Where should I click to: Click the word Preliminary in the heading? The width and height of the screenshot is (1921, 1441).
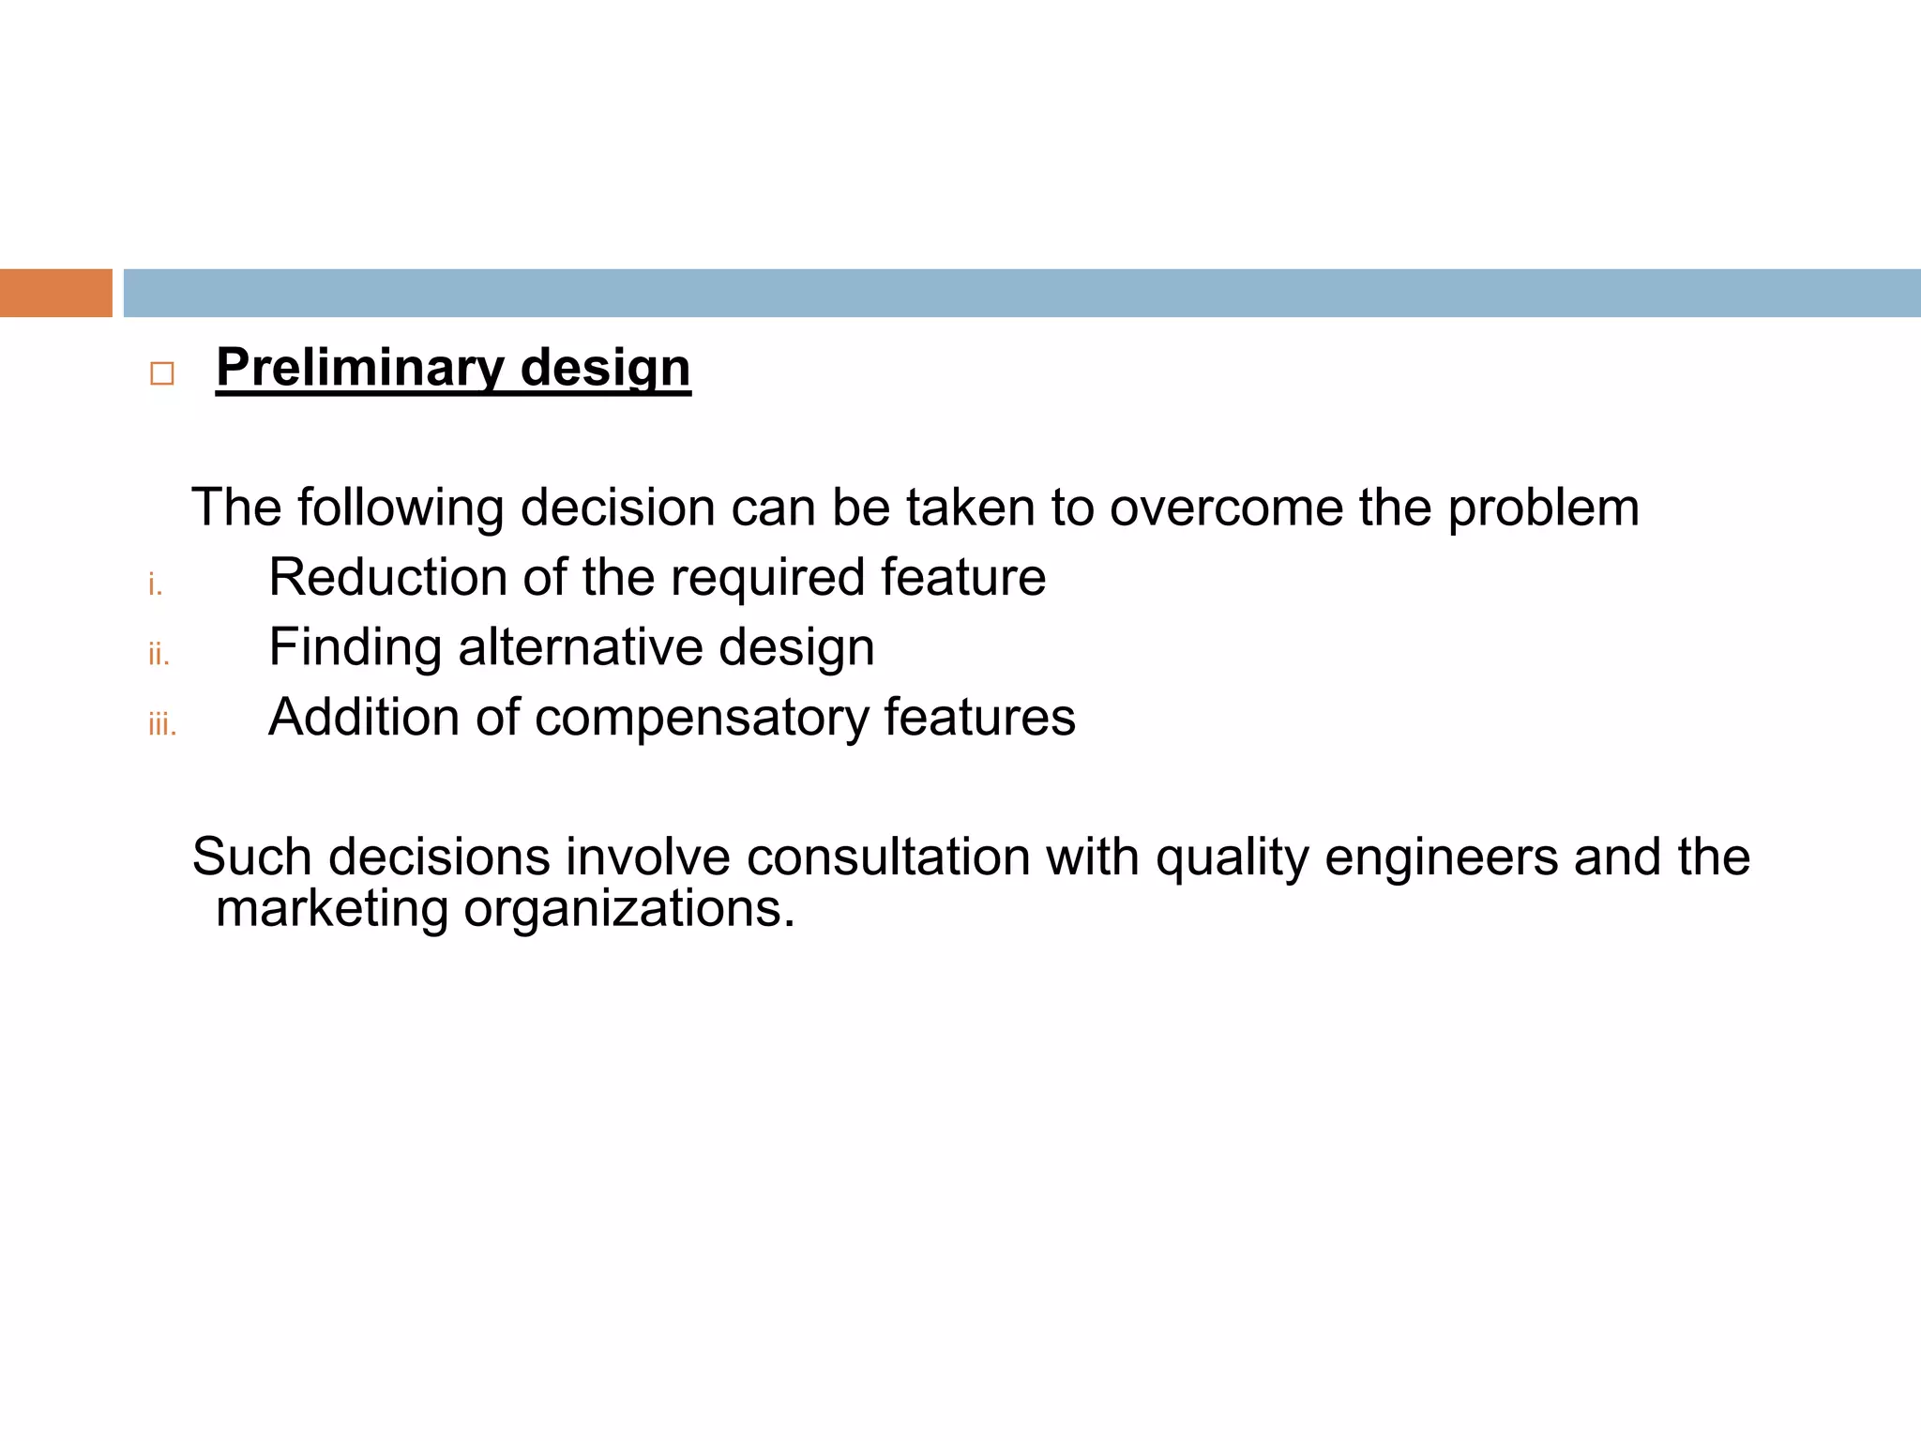coord(360,368)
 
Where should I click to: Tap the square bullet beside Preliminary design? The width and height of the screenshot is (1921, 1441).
coord(161,374)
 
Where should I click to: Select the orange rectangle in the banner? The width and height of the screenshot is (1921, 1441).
coord(55,293)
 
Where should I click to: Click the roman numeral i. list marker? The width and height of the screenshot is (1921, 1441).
coord(155,585)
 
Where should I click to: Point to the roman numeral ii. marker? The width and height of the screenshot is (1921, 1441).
coord(159,655)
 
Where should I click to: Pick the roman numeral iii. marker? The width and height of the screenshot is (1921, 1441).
coord(161,725)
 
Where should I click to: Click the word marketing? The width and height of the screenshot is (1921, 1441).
coord(332,910)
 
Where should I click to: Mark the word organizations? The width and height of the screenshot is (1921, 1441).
coord(628,910)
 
